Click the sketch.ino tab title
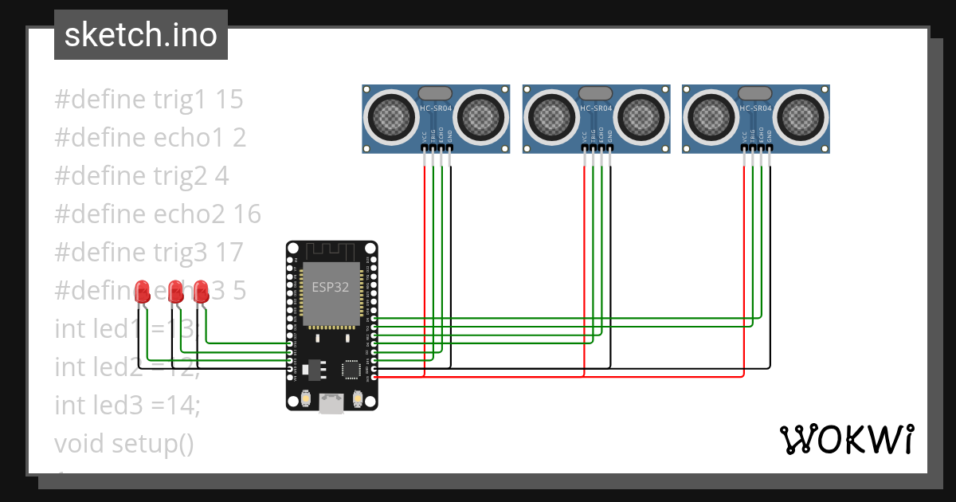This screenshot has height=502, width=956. point(140,35)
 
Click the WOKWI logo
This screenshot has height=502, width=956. point(845,439)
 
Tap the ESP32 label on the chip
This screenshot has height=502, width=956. point(330,288)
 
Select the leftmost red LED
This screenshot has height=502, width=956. point(143,291)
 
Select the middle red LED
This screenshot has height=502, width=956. point(174,291)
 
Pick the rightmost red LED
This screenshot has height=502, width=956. point(201,291)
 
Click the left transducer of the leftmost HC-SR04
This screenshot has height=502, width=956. point(392,117)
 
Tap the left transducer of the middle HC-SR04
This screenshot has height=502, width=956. point(552,117)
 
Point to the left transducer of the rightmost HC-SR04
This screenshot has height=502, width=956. point(711,117)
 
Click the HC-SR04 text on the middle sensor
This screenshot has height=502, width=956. point(596,108)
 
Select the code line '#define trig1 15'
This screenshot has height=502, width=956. point(149,100)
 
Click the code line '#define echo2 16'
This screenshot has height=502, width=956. point(158,214)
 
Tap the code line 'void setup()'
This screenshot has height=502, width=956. point(124,443)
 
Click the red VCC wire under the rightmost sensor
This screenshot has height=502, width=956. point(744,263)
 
